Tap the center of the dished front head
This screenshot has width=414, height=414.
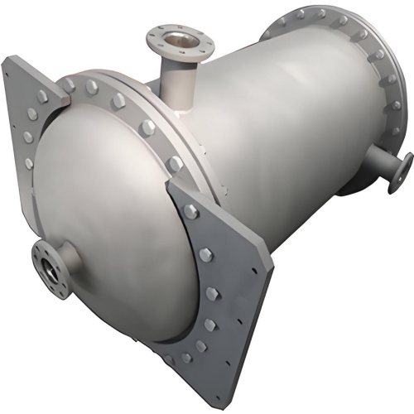point(108,215)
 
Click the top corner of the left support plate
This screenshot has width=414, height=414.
point(10,60)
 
